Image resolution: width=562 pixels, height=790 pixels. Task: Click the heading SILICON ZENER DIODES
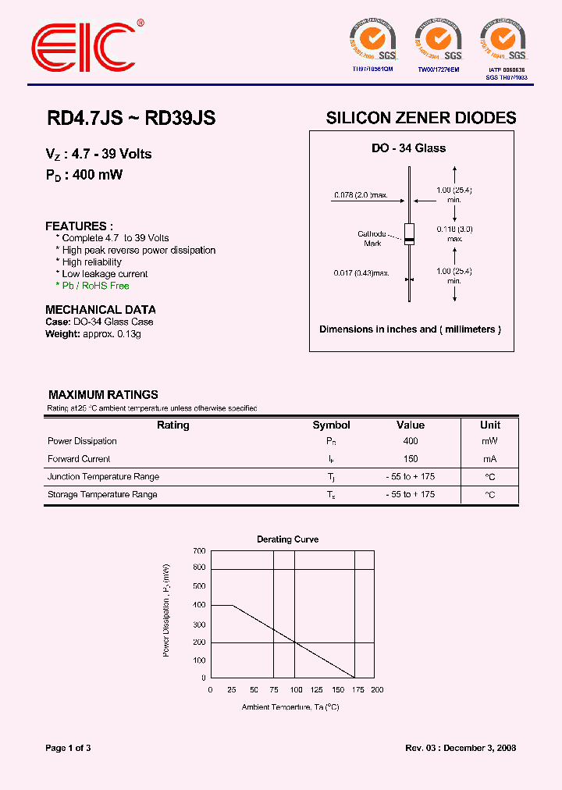(421, 118)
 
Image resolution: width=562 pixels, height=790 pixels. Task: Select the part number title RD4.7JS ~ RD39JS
(130, 118)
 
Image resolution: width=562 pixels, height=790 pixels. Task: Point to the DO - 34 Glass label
(408, 148)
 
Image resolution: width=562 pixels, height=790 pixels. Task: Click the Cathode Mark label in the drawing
(372, 239)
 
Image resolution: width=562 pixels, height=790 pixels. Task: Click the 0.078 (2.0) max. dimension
(361, 194)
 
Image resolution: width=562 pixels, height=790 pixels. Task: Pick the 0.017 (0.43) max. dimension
(361, 273)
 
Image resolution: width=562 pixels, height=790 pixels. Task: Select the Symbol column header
(331, 425)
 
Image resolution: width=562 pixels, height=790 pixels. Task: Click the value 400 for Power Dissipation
(411, 441)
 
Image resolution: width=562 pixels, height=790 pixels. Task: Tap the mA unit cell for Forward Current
(490, 459)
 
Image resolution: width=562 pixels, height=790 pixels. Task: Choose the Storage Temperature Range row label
(102, 494)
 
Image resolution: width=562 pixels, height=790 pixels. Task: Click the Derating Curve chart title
(287, 539)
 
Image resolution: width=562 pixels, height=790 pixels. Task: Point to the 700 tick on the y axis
(199, 550)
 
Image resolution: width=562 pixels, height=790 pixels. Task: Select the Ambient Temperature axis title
(290, 706)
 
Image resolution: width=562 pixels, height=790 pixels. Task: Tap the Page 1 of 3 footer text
(69, 748)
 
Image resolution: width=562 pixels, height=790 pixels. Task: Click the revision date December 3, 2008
(477, 748)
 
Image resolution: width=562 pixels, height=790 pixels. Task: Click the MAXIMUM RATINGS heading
(103, 395)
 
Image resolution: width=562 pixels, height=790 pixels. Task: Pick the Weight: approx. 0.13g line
(93, 333)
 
